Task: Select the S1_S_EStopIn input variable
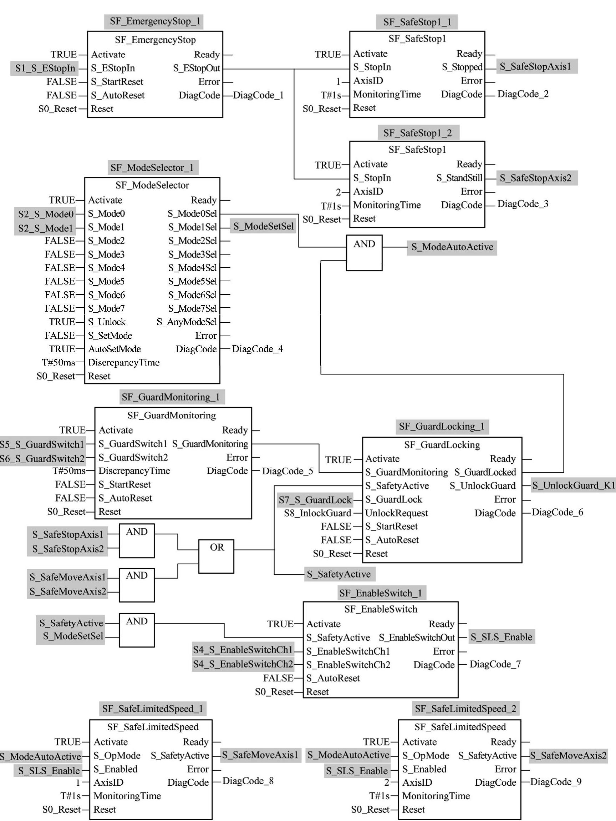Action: [x=45, y=68]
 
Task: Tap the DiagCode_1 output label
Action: [x=258, y=95]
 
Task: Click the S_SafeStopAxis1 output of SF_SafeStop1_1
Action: [x=535, y=67]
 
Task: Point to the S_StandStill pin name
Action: [x=459, y=178]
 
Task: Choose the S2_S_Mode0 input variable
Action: [x=46, y=214]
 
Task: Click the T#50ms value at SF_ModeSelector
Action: [x=58, y=362]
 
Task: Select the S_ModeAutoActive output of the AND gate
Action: [x=452, y=247]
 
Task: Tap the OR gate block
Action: [x=216, y=556]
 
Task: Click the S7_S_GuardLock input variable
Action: [x=315, y=500]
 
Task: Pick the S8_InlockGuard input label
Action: [x=317, y=513]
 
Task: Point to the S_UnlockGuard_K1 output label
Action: [x=573, y=485]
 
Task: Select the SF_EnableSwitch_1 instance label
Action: [x=381, y=593]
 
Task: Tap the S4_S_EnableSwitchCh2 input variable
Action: [x=243, y=664]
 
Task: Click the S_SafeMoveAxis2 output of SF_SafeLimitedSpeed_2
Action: [x=568, y=755]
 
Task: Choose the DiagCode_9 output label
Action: [x=556, y=782]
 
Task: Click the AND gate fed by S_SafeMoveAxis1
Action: [x=137, y=585]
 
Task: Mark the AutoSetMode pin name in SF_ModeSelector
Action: [x=114, y=349]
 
